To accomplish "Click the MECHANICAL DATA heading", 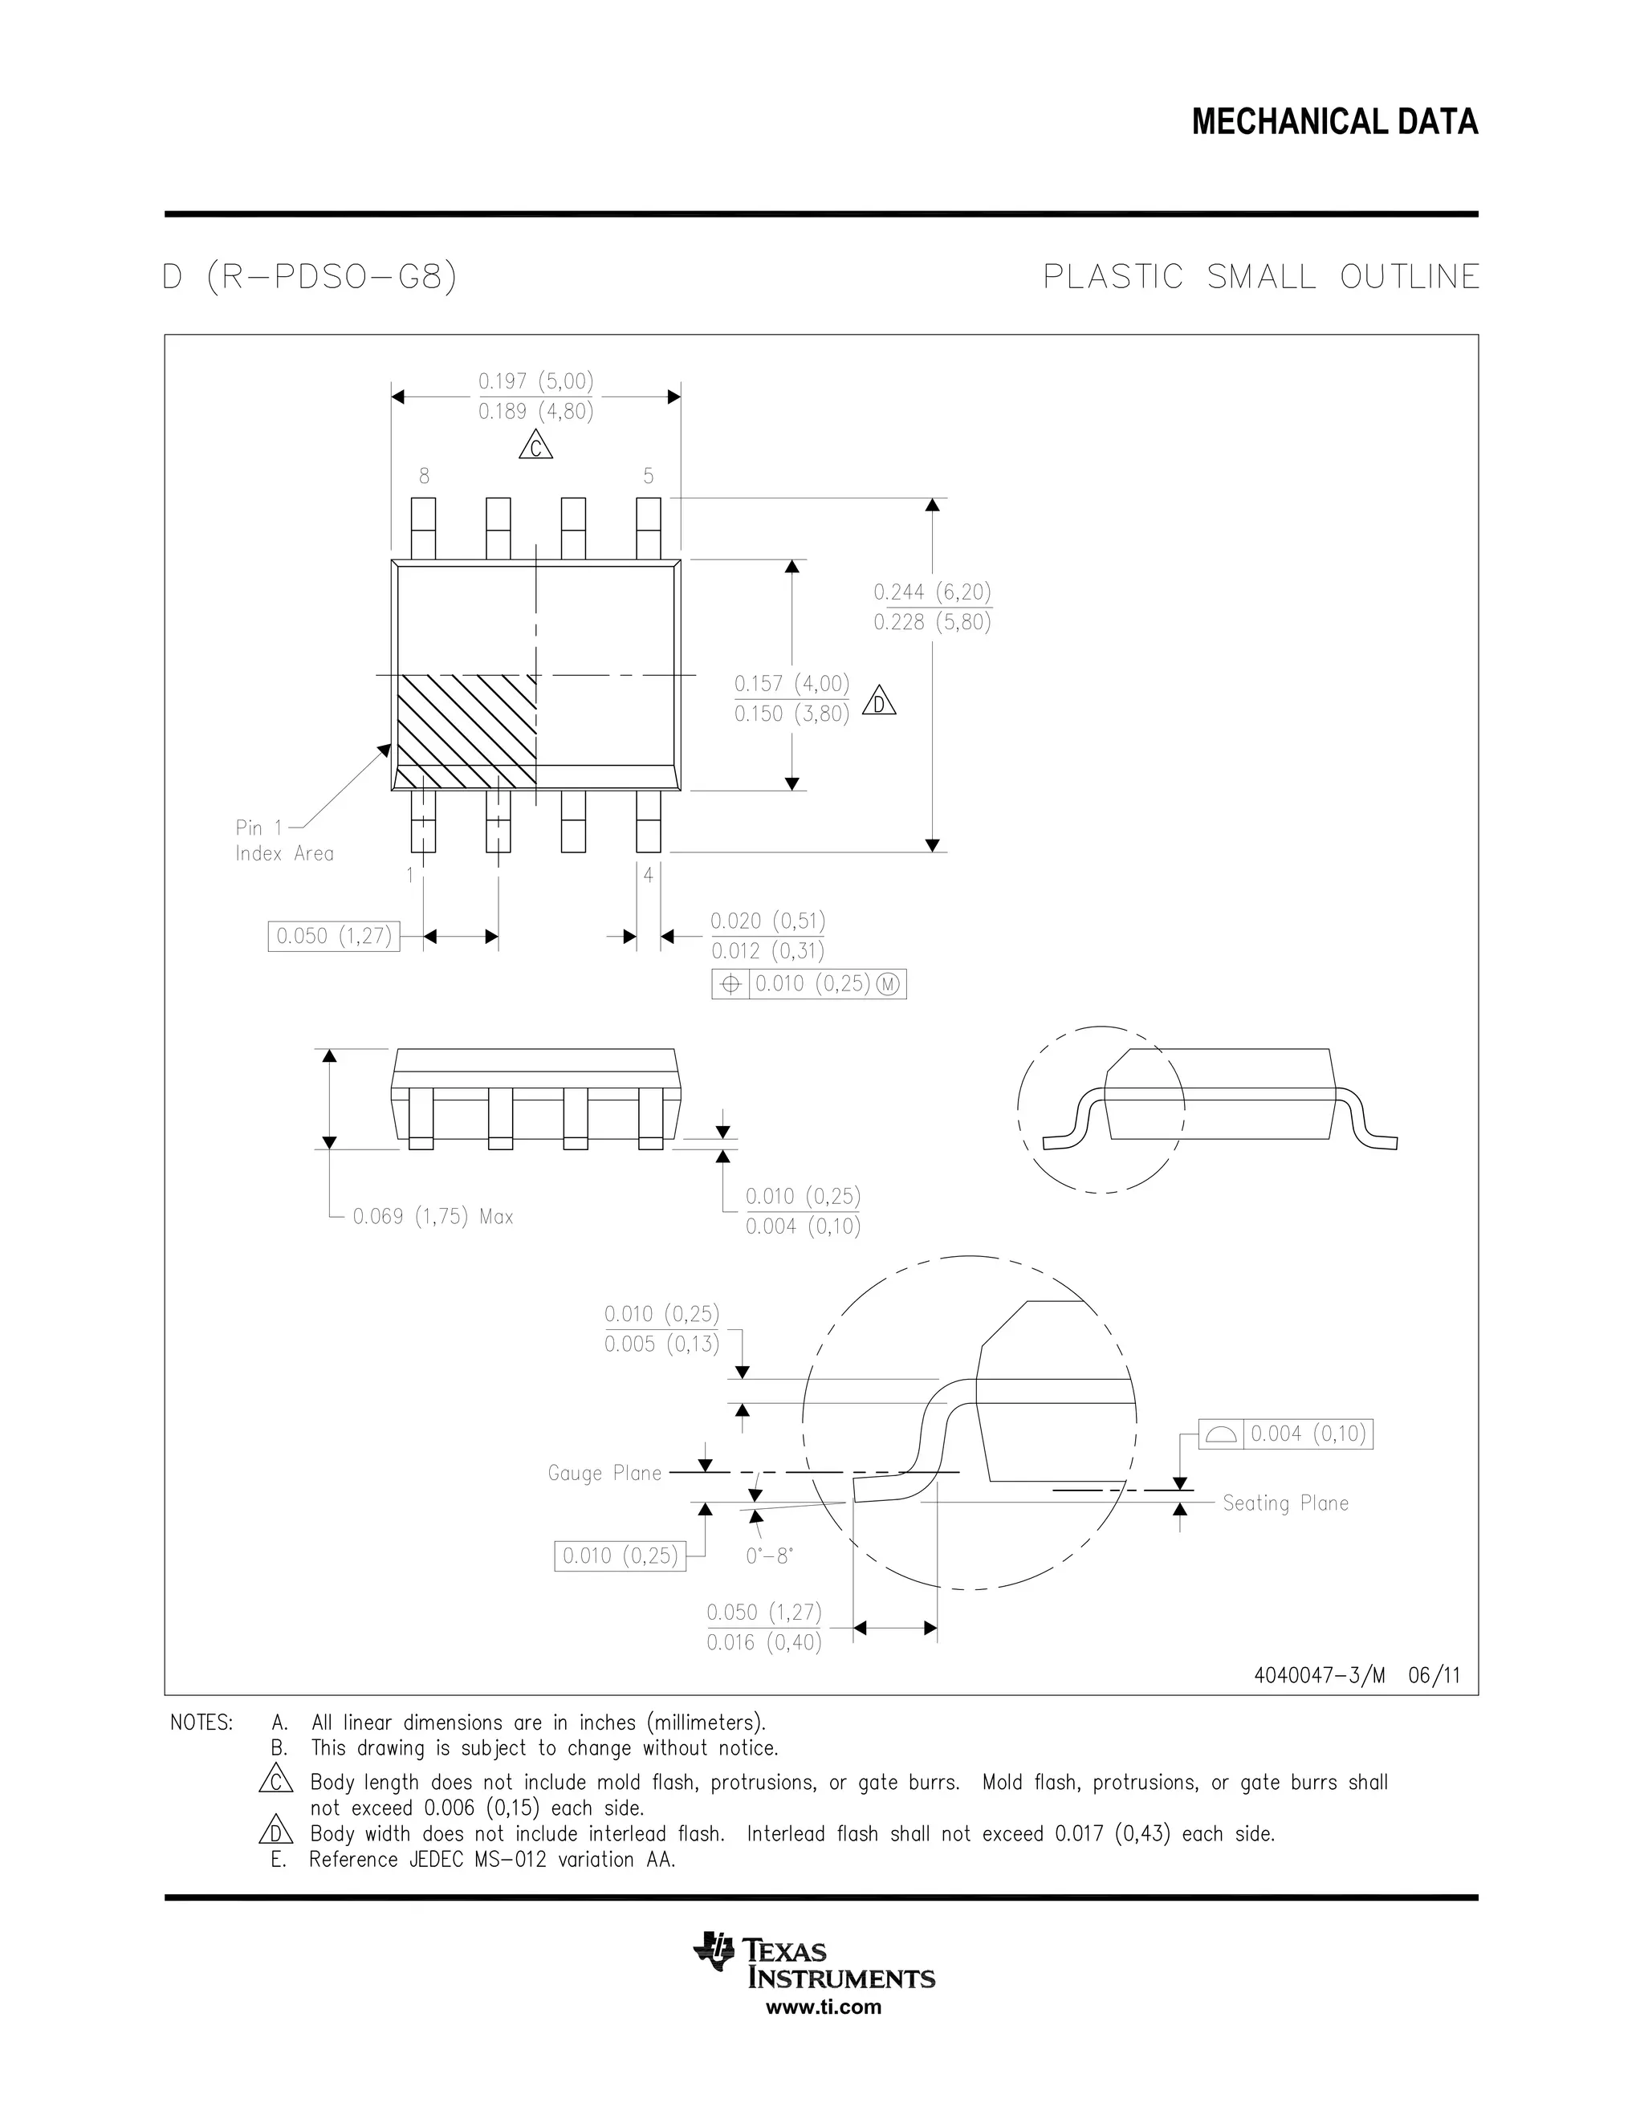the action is point(1334,123).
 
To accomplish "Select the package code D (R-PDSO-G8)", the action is point(310,278).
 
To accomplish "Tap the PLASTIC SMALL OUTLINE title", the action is point(1260,278).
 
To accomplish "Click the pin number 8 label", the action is point(424,476).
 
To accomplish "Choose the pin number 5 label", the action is point(649,476).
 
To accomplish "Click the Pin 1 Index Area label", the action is point(283,840).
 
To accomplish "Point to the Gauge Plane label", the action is point(604,1474).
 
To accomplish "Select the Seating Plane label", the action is point(1286,1503).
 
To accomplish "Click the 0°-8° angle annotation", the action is point(769,1556).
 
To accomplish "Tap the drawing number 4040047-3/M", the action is point(1319,1675).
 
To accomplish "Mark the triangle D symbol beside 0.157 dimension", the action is point(880,702).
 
